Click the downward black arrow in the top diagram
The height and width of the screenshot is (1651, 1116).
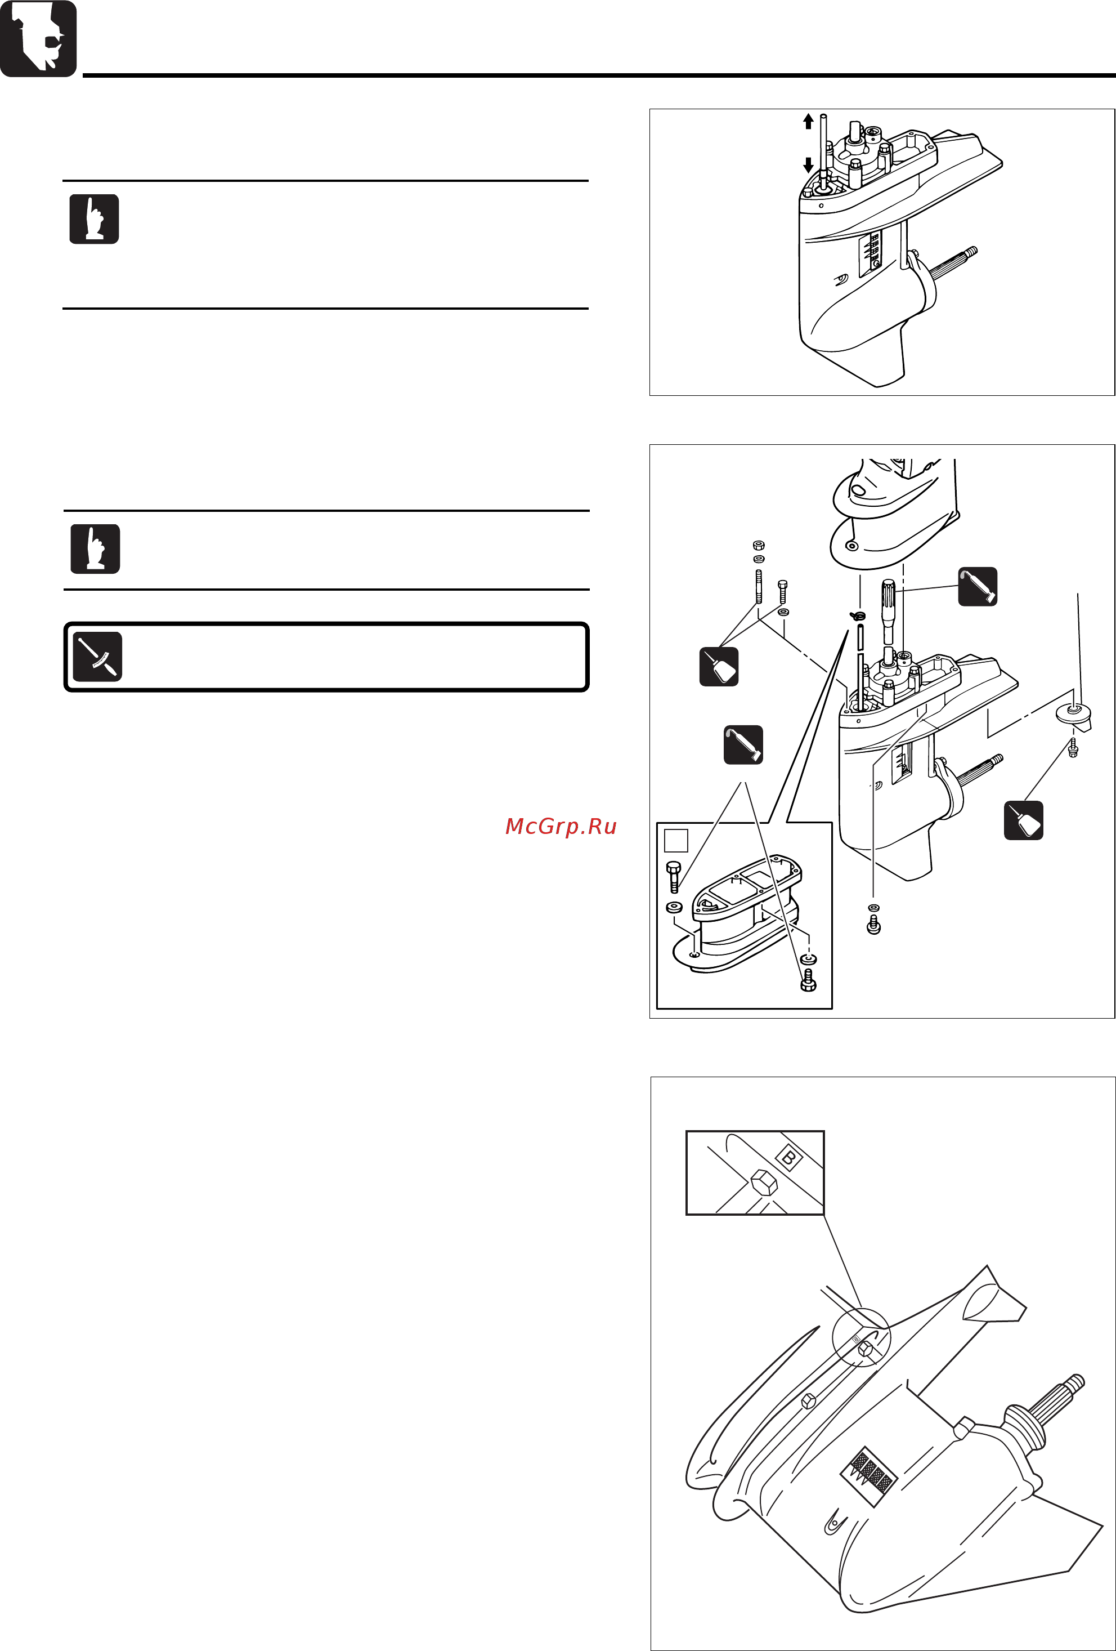[808, 165]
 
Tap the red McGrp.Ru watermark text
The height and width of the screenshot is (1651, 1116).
[561, 826]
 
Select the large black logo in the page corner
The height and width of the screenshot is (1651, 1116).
[38, 38]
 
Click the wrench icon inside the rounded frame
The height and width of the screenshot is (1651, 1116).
[97, 657]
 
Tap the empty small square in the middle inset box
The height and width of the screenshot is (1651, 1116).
[676, 840]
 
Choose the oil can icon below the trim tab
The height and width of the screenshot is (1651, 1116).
[1024, 820]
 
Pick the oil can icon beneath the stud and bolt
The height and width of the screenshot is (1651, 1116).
[719, 666]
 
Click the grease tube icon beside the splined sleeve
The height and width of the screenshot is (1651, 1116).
[978, 586]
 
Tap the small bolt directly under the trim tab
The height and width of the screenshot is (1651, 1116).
[1073, 747]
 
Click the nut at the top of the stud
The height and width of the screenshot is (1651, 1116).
[758, 546]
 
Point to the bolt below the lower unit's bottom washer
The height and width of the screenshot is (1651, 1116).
[874, 924]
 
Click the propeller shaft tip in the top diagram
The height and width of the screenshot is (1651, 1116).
[970, 252]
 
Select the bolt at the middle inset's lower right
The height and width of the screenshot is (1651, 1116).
[808, 980]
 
